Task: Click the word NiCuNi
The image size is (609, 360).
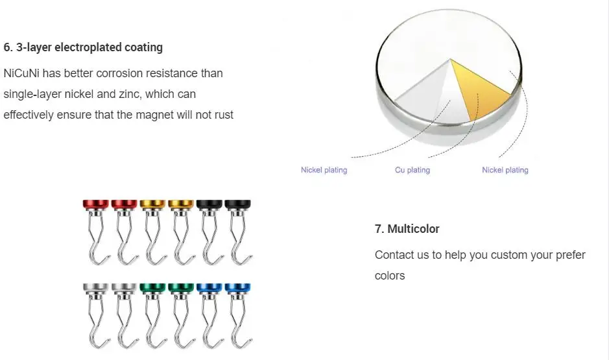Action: coord(21,73)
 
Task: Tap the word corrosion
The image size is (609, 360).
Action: coord(129,73)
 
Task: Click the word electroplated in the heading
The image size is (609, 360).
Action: coord(98,47)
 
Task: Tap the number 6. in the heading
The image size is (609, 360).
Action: coord(8,47)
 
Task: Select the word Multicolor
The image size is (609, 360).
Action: coord(413,229)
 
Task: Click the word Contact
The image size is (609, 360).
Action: coord(394,255)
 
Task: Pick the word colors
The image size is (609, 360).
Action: coord(390,276)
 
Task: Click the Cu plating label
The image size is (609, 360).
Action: coord(412,170)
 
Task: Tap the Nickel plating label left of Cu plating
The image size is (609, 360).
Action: coord(324,170)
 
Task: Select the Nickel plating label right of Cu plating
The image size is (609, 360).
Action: coord(505,170)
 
